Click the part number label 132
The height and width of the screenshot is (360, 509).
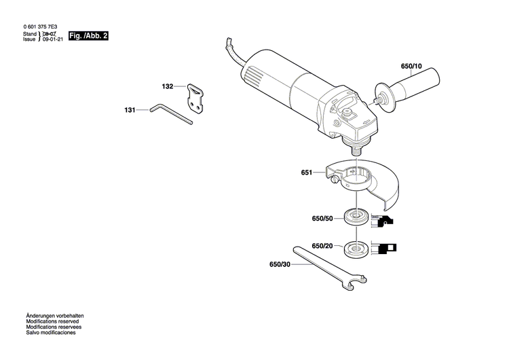[x=168, y=87]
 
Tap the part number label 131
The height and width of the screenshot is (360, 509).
[x=130, y=109]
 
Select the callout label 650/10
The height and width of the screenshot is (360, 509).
[x=411, y=67]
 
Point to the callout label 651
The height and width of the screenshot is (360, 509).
[x=306, y=173]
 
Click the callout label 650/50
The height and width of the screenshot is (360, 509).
[x=322, y=218]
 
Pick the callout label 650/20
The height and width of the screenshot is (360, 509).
[x=322, y=246]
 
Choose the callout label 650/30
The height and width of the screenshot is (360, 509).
[x=280, y=264]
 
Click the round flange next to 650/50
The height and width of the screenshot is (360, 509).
[x=355, y=218]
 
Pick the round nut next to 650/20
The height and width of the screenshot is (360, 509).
[x=355, y=248]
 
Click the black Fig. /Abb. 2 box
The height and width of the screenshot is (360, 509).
[x=89, y=35]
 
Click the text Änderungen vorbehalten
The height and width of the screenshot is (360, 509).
[x=55, y=317]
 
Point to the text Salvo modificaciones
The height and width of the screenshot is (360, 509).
[x=51, y=333]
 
